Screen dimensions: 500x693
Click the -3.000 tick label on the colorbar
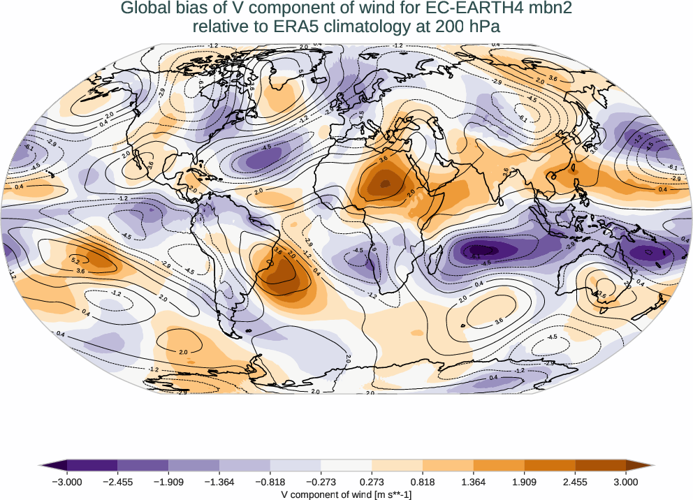[x=67, y=481]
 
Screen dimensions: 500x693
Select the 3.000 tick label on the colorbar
[x=626, y=481]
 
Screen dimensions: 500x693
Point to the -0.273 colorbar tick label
[x=321, y=481]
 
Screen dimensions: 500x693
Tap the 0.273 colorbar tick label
[x=372, y=481]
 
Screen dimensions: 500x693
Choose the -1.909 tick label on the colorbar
[x=168, y=481]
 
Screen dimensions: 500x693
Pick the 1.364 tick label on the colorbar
[x=474, y=481]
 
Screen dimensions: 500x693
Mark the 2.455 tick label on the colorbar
[x=575, y=481]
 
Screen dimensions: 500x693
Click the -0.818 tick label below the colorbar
[x=270, y=481]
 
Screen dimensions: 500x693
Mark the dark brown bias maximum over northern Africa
[x=382, y=186]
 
